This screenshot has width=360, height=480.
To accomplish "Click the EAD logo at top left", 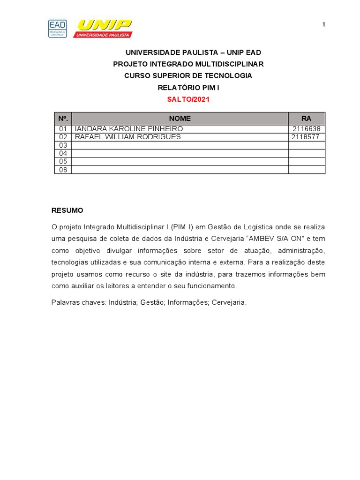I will pyautogui.click(x=57, y=29).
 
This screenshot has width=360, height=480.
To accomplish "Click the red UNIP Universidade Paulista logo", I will pyautogui.click(x=103, y=29).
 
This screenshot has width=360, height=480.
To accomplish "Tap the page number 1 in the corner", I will pyautogui.click(x=323, y=25).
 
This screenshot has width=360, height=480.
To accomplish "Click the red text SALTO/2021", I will pyautogui.click(x=188, y=99).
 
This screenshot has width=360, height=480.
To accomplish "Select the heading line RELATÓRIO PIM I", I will pyautogui.click(x=188, y=88).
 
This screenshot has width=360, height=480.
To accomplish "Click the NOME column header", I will pyautogui.click(x=180, y=119).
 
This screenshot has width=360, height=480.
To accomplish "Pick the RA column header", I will pyautogui.click(x=307, y=119).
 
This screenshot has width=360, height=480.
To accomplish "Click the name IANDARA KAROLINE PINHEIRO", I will pyautogui.click(x=129, y=129).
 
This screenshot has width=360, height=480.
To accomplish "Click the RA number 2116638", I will pyautogui.click(x=307, y=129).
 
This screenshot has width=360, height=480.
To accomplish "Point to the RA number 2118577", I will pyautogui.click(x=305, y=137).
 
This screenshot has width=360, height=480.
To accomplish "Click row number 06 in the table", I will pyautogui.click(x=63, y=170).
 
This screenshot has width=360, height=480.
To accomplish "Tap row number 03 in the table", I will pyautogui.click(x=63, y=145).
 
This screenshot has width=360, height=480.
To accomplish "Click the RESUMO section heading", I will pyautogui.click(x=67, y=210).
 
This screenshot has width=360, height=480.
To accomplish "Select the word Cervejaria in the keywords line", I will pyautogui.click(x=229, y=303).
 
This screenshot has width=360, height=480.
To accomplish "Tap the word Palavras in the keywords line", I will pyautogui.click(x=65, y=303).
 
